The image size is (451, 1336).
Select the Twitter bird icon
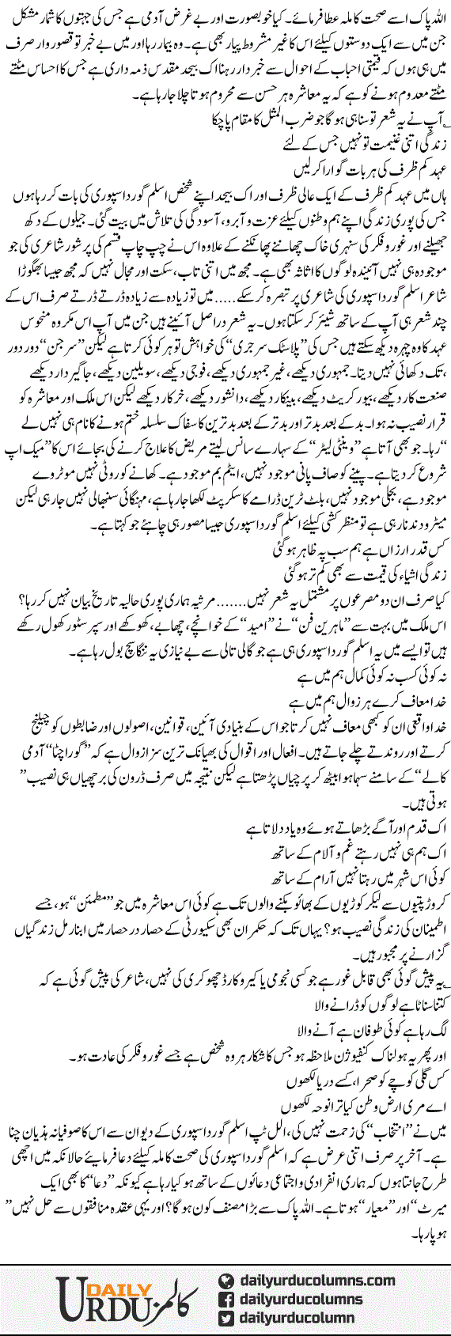[x=225, y=1317]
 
